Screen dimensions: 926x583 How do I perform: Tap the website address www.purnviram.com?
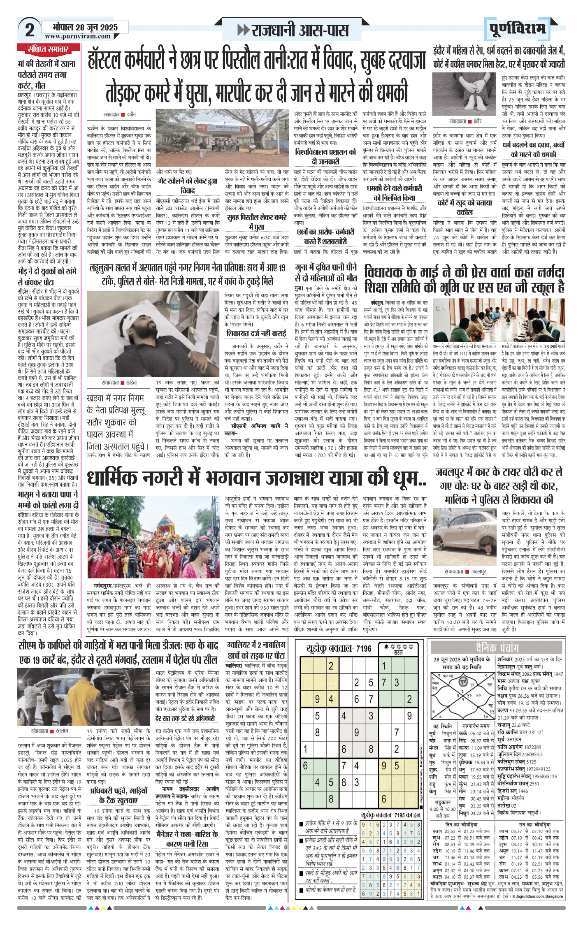[78, 36]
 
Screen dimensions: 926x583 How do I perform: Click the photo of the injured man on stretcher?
[153, 334]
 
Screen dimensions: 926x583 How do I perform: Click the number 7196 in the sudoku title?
[363, 649]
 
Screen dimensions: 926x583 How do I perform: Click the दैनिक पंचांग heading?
[497, 648]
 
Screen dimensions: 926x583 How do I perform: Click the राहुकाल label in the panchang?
[443, 802]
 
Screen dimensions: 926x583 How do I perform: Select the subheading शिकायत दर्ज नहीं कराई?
[256, 333]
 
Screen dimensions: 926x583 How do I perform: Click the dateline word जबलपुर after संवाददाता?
[478, 572]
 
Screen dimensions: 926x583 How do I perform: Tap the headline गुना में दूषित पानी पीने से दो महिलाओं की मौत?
[326, 272]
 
